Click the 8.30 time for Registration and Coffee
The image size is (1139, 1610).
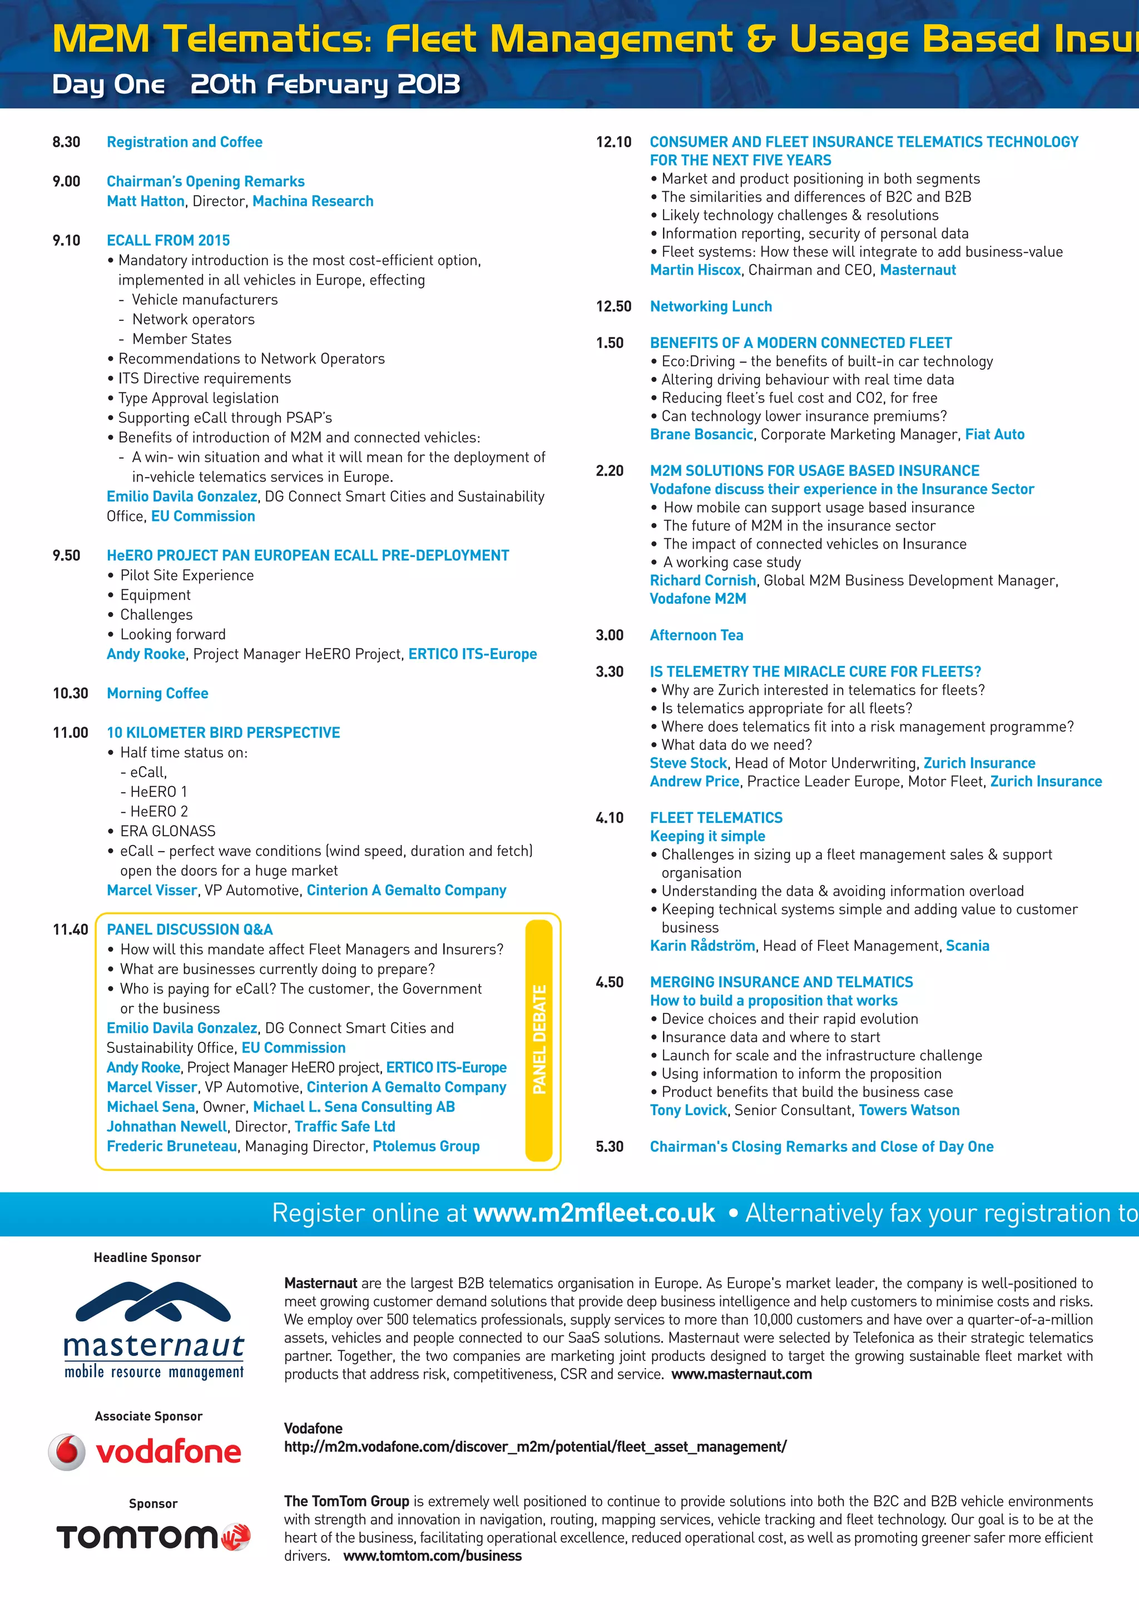(x=67, y=142)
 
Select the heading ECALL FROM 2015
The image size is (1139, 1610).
(x=169, y=241)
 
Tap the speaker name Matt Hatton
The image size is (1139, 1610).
(x=145, y=201)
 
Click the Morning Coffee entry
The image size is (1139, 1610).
(x=158, y=693)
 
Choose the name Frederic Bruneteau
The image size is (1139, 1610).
(x=172, y=1146)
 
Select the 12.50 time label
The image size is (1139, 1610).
(x=613, y=306)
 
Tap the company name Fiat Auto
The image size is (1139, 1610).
(x=994, y=435)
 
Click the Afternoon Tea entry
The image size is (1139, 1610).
(x=696, y=635)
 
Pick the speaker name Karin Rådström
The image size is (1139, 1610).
(x=702, y=946)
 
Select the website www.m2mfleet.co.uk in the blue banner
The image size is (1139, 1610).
(x=594, y=1213)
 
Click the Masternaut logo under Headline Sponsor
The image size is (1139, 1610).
(x=153, y=1329)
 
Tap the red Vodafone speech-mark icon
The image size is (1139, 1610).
(x=67, y=1452)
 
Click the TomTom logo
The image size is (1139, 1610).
(x=153, y=1537)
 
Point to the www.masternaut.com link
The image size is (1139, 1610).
(x=741, y=1374)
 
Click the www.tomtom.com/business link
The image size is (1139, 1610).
(x=433, y=1556)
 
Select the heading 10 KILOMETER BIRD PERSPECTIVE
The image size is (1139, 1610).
(x=223, y=733)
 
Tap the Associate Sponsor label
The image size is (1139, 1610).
(x=148, y=1417)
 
